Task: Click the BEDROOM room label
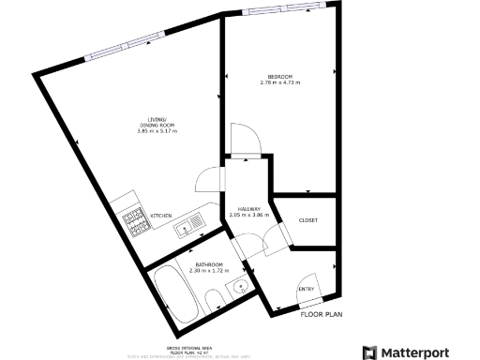(x=279, y=76)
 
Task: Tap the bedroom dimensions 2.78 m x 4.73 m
(x=279, y=82)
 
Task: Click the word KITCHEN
(x=160, y=216)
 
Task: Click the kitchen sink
(x=187, y=223)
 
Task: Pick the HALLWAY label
(x=248, y=209)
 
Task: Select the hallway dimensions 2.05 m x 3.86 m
(x=248, y=216)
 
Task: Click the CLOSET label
(x=307, y=220)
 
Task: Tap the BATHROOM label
(x=208, y=265)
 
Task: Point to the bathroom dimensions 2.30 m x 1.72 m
(x=208, y=272)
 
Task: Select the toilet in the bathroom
(x=213, y=299)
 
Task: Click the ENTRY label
(x=307, y=289)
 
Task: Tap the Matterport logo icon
(x=370, y=352)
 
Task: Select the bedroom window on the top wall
(x=278, y=10)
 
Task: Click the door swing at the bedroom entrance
(x=246, y=142)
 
